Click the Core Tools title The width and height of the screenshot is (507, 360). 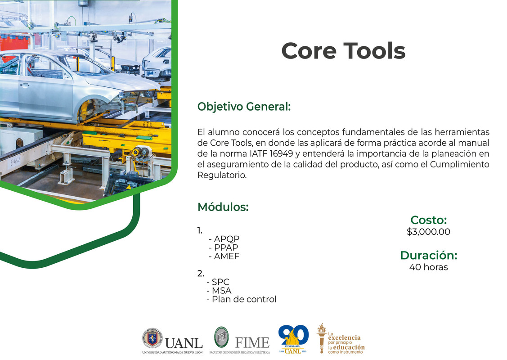coord(343,51)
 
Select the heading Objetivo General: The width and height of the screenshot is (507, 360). coord(244,107)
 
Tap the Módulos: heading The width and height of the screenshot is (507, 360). coord(223,207)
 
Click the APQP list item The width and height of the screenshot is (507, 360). coord(224,239)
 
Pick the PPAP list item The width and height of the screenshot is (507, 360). coord(223,248)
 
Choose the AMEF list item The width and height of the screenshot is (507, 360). coord(224,256)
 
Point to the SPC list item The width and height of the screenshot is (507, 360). coord(218,282)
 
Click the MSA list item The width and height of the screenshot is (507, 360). coord(219,291)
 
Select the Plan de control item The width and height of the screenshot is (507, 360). coord(241,299)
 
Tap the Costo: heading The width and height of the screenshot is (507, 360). coord(428,220)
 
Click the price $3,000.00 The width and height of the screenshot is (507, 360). coord(428,232)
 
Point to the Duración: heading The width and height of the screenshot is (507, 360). coord(428,256)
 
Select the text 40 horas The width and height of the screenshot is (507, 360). coord(428,267)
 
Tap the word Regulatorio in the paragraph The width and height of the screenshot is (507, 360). coord(222,175)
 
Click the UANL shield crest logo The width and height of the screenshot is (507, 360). coord(152,337)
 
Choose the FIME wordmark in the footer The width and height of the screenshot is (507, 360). coord(252,342)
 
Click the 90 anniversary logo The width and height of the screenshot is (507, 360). coord(293,337)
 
